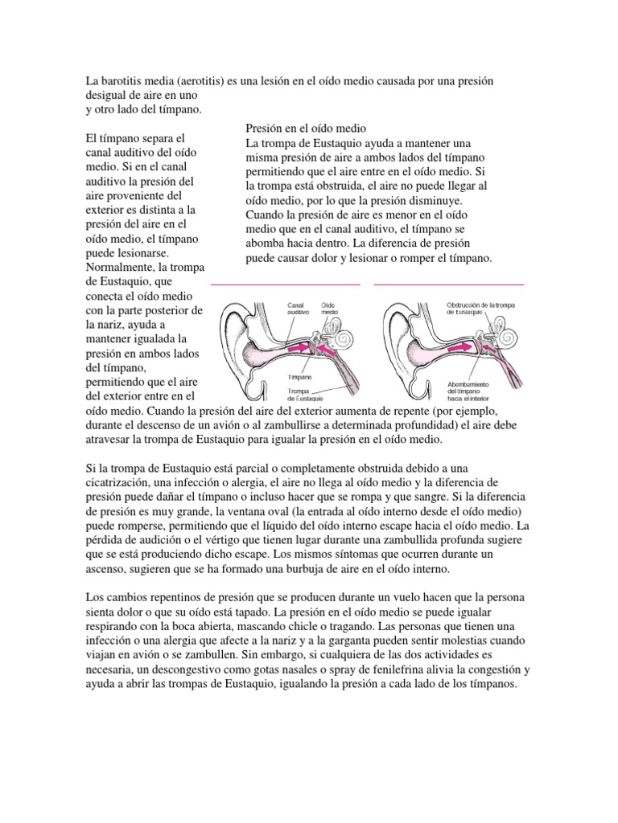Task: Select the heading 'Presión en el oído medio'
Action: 306,129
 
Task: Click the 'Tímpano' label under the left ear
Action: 301,377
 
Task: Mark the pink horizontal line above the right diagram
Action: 449,284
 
